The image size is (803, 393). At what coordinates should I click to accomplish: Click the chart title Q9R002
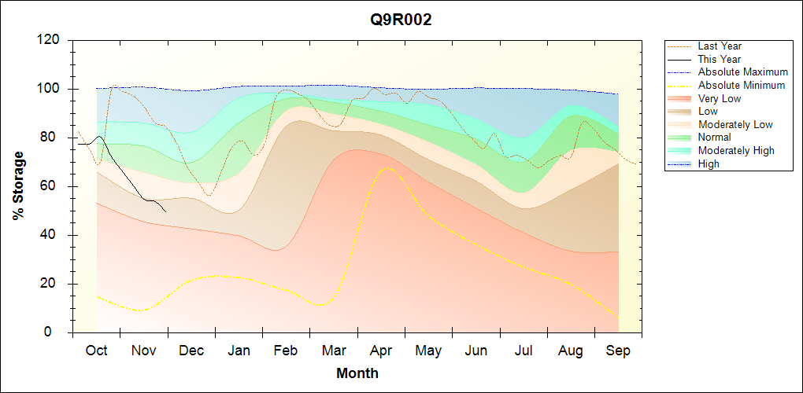click(401, 20)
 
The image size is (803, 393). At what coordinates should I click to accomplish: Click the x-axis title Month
click(357, 373)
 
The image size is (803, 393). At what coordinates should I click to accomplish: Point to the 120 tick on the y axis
click(52, 40)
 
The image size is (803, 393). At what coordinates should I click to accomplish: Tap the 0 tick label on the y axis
click(58, 332)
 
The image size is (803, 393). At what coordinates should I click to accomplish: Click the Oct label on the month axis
click(96, 351)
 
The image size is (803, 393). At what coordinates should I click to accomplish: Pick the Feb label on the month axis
click(286, 351)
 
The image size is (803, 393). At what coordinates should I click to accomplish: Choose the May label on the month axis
click(428, 351)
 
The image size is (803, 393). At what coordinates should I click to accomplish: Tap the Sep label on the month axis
click(618, 351)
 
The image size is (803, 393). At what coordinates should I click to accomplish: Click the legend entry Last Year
click(720, 46)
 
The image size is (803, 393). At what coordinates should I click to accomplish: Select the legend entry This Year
click(720, 59)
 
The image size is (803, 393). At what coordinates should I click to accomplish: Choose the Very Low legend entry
click(720, 98)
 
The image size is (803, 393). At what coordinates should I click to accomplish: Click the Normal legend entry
click(714, 138)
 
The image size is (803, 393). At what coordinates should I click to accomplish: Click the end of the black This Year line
click(166, 212)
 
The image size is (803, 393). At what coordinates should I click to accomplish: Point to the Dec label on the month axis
click(191, 351)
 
